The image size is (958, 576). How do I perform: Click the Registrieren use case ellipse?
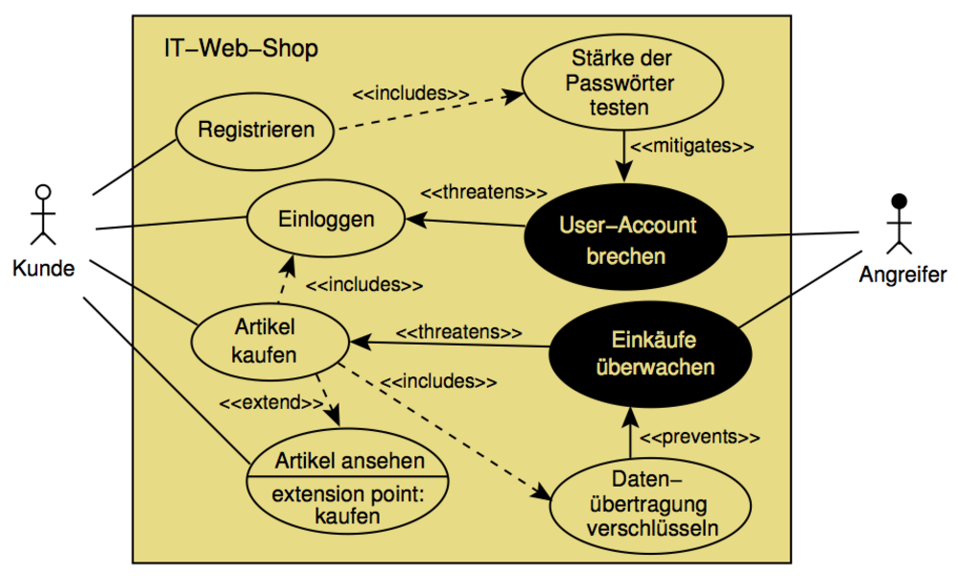(256, 129)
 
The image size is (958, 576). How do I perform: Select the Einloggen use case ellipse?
(325, 219)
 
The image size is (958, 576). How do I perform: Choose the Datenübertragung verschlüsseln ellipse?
(633, 503)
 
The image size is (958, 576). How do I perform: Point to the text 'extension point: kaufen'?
(348, 505)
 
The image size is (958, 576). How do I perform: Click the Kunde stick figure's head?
(42, 190)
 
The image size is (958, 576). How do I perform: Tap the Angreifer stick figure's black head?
(899, 202)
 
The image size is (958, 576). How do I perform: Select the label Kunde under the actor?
(43, 269)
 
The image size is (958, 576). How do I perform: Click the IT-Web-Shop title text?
(241, 48)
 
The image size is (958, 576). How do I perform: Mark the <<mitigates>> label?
(690, 147)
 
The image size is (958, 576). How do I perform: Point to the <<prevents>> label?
(699, 437)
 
